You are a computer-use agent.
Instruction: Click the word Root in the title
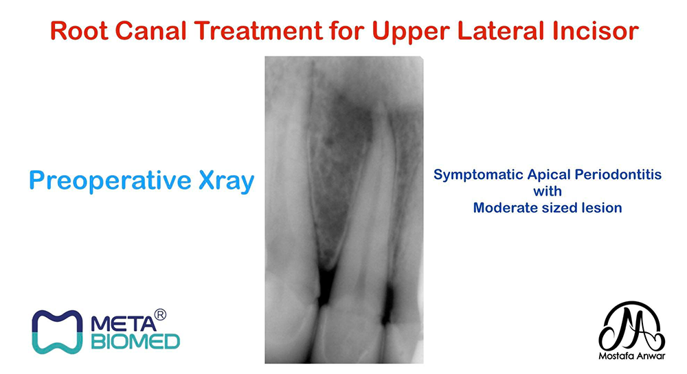[x=79, y=31]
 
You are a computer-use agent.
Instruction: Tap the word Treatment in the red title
[x=258, y=31]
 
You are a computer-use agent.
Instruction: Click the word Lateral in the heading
[x=501, y=31]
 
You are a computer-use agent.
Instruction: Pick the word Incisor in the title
[x=596, y=31]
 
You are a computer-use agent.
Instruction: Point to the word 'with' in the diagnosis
[x=548, y=191]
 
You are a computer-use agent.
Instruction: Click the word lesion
[x=603, y=207]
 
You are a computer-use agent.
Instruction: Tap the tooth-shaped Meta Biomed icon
[x=57, y=331]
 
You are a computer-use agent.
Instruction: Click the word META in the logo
[x=123, y=324]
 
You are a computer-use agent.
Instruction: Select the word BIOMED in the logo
[x=135, y=342]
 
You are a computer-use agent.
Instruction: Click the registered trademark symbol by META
[x=160, y=315]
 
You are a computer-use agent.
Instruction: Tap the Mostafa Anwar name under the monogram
[x=632, y=355]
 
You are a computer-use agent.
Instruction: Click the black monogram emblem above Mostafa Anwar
[x=632, y=325]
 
